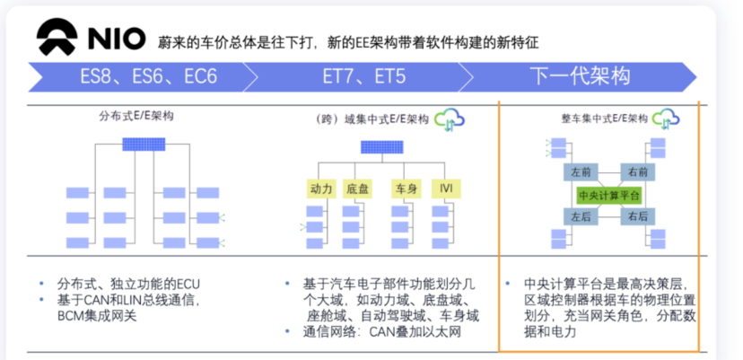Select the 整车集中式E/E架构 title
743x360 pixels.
[599, 119]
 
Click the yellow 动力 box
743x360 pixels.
[321, 189]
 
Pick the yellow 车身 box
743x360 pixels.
[406, 189]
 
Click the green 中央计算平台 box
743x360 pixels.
[608, 194]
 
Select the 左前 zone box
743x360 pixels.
[580, 171]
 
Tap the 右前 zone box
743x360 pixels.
[638, 171]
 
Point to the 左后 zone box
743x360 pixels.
[580, 215]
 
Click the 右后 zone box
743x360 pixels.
[638, 215]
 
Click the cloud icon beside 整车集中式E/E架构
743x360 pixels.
[665, 118]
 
